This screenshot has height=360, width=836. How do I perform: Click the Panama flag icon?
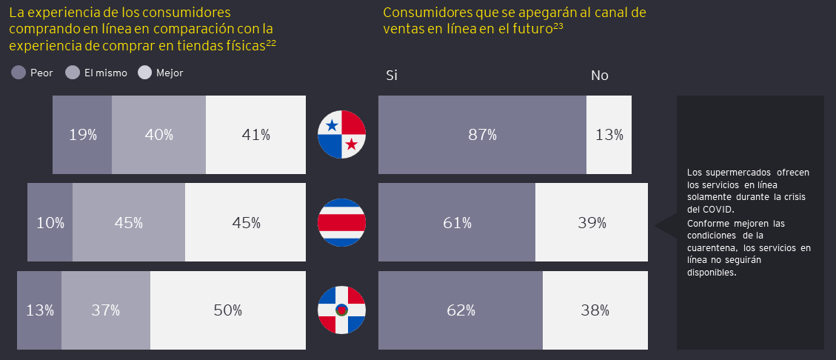[341, 134]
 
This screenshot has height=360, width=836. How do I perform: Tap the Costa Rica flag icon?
[341, 222]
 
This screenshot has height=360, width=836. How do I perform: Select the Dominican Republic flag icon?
[341, 310]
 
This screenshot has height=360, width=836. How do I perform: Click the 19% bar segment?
[82, 135]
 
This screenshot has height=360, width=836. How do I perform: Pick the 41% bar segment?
[255, 135]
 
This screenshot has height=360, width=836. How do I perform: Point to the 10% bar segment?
[50, 222]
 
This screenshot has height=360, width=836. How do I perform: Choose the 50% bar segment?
[228, 310]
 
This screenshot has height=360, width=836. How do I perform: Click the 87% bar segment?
[482, 135]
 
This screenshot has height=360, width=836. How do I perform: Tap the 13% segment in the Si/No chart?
[609, 135]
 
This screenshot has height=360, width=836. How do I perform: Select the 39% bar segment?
[592, 222]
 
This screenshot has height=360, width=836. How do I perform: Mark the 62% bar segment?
[461, 310]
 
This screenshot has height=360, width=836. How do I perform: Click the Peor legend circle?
[19, 73]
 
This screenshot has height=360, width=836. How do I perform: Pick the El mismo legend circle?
[73, 73]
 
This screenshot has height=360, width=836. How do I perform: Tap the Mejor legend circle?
[144, 73]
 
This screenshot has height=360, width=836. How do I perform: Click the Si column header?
[392, 76]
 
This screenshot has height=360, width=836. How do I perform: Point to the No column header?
[599, 76]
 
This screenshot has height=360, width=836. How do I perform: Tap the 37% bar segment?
[106, 310]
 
